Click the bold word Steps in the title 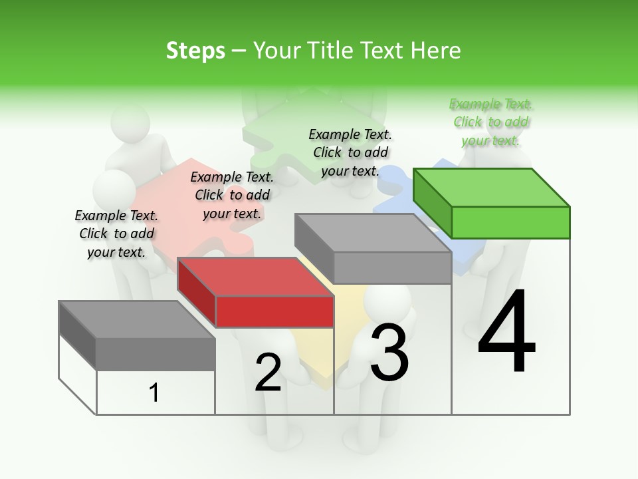195,51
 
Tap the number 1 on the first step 154,393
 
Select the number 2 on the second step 268,373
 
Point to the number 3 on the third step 389,353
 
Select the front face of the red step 274,311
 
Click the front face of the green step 510,222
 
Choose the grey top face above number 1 137,319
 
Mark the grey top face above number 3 372,233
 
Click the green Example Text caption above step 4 491,122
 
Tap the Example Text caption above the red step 232,195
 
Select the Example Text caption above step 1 116,234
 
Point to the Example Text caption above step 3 350,152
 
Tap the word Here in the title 437,51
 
